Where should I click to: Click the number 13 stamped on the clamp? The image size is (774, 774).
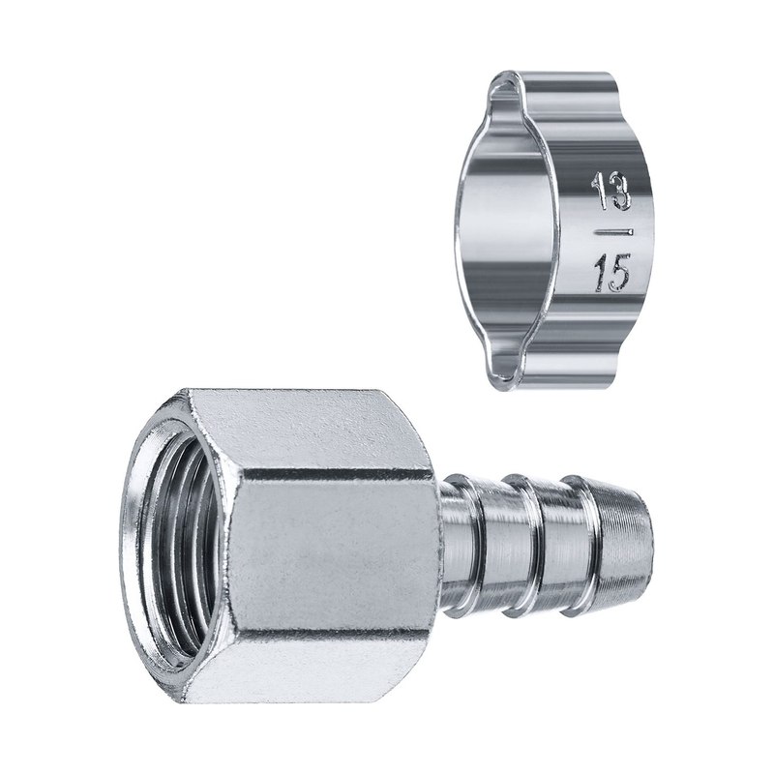(611, 192)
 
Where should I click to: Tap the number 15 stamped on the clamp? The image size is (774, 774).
(612, 273)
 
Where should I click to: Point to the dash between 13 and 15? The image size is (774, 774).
(613, 231)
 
